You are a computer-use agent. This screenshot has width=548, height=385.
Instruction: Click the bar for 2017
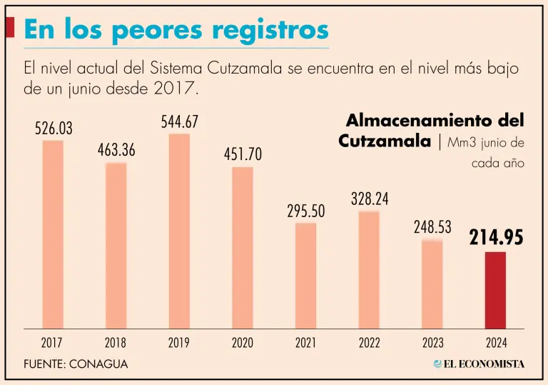[x=53, y=234]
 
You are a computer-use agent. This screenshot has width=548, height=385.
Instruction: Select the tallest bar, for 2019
[x=179, y=231]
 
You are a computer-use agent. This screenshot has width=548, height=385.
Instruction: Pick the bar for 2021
[x=305, y=276]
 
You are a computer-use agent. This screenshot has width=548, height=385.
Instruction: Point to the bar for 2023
[x=432, y=284]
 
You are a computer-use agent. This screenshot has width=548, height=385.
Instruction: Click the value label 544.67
[x=179, y=122]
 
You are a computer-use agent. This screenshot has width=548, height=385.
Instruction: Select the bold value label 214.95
[x=496, y=238]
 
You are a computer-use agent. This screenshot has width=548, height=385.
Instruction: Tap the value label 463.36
[x=116, y=151]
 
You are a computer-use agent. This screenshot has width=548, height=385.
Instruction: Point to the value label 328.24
[x=369, y=199]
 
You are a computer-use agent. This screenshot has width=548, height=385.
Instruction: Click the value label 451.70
[x=243, y=154]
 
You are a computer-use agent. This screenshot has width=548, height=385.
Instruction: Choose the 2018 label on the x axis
[x=116, y=343]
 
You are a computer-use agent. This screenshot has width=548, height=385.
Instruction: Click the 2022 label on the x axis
[x=369, y=343]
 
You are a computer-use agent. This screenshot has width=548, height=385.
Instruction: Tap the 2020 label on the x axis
[x=243, y=343]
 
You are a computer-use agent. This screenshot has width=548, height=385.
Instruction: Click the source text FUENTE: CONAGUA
[x=76, y=364]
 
